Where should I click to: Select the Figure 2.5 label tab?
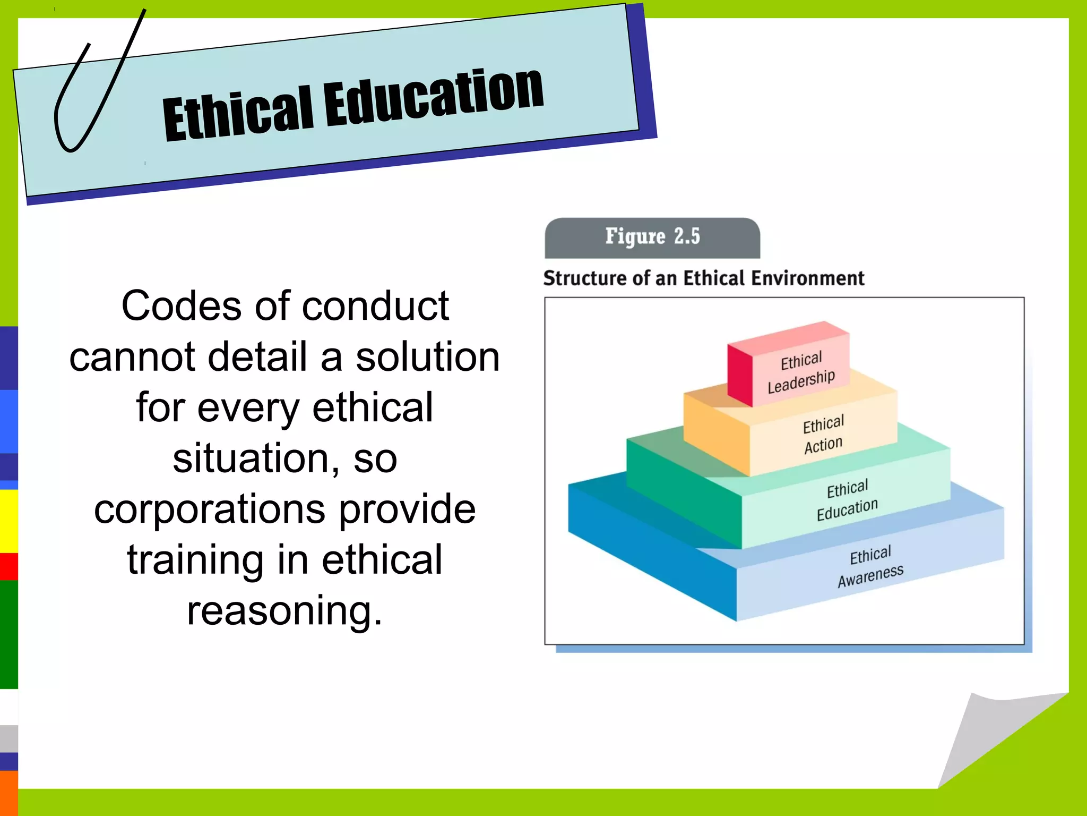pos(652,237)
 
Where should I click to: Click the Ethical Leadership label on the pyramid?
pos(801,372)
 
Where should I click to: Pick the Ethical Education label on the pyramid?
pos(847,500)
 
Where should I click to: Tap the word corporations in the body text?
pos(210,509)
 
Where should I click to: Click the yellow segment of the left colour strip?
pos(8,521)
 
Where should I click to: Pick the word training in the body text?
pos(195,560)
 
